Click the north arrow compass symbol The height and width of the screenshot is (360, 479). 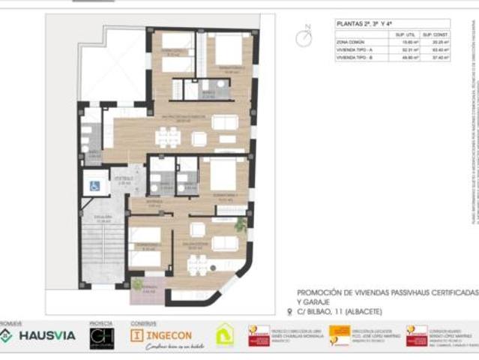(x=303, y=36)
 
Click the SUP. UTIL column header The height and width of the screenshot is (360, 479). (x=406, y=34)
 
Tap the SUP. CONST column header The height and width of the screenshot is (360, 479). (x=434, y=34)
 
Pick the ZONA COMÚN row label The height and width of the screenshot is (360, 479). (x=352, y=43)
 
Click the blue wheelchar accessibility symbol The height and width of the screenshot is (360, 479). (x=95, y=184)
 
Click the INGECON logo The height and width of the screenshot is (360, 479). (x=163, y=334)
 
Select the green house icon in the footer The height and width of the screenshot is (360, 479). (x=224, y=334)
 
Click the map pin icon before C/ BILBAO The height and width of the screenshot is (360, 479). (x=291, y=311)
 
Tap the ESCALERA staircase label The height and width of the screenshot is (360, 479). (x=104, y=220)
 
